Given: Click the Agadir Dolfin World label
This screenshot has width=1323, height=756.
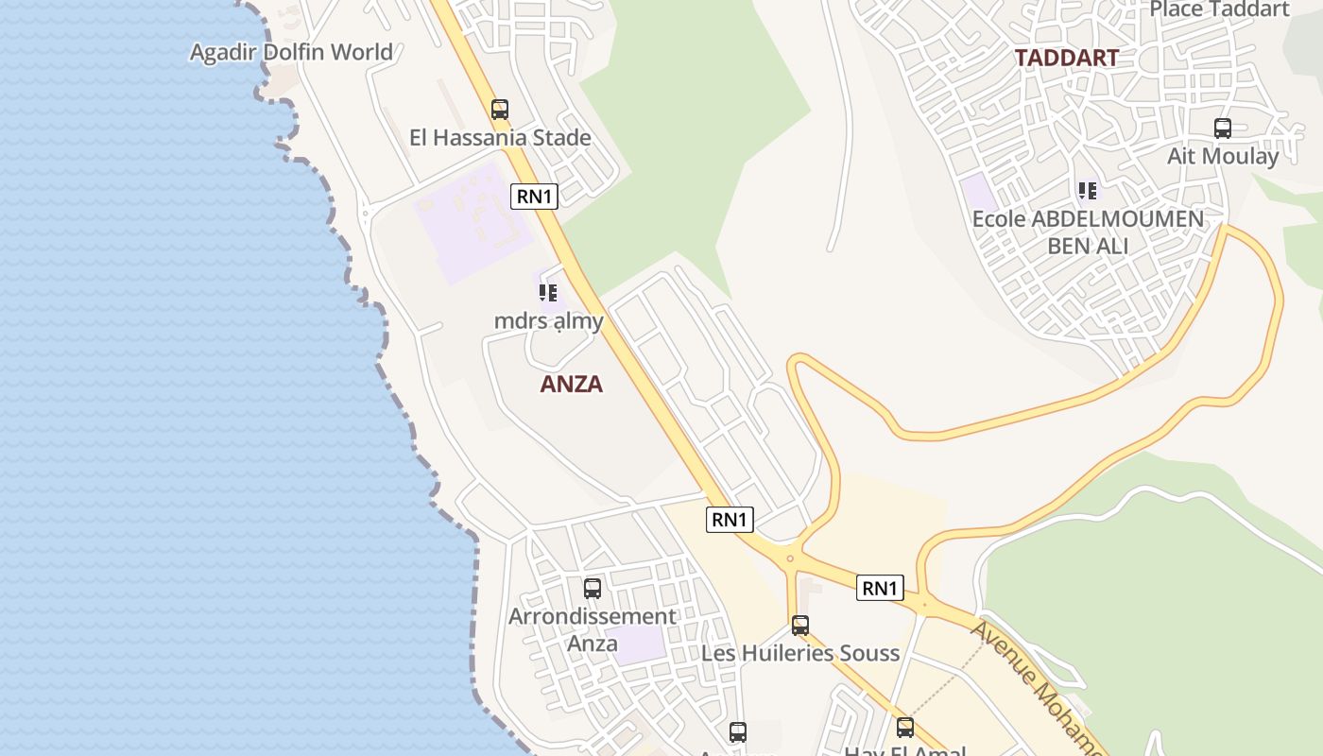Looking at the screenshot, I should tap(291, 52).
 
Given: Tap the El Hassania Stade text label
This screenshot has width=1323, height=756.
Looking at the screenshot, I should tap(500, 138).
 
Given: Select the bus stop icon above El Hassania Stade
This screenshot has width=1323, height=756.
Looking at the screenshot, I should tap(500, 110).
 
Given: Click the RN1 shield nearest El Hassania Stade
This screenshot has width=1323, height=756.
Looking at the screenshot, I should tap(535, 197).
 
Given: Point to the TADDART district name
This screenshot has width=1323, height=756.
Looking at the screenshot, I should tap(1067, 58).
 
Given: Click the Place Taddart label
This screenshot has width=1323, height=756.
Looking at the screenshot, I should tap(1219, 9).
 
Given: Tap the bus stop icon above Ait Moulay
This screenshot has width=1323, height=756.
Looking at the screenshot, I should tap(1223, 129).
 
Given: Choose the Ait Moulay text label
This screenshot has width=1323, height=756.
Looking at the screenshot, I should tap(1223, 156).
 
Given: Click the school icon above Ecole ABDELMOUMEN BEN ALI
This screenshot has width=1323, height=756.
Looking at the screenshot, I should tap(1088, 191).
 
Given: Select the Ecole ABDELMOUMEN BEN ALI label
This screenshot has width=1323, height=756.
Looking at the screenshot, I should tap(1088, 232).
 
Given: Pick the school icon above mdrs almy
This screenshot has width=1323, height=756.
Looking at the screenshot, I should tap(548, 293).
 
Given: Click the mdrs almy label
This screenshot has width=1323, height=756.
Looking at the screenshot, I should tap(548, 321).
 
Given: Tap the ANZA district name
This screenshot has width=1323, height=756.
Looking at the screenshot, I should tap(572, 385).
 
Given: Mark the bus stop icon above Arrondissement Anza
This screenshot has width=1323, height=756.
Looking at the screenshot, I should tap(593, 589).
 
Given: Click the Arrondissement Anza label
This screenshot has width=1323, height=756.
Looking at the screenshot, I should tap(593, 629).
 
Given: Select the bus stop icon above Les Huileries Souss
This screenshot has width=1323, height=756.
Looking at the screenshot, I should tap(800, 626).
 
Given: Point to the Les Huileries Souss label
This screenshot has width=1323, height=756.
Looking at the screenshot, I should tap(800, 653).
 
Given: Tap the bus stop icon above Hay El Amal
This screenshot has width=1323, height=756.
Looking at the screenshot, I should tap(905, 728).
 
